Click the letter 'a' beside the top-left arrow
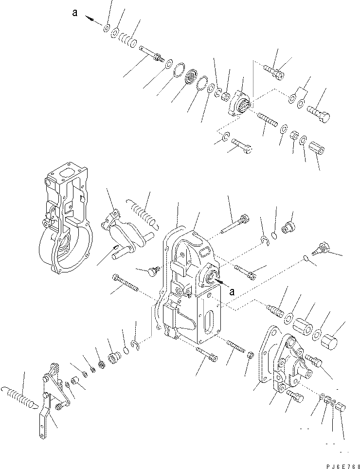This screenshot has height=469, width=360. pos(74,14)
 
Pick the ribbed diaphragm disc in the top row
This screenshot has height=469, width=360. pos(188,79)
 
